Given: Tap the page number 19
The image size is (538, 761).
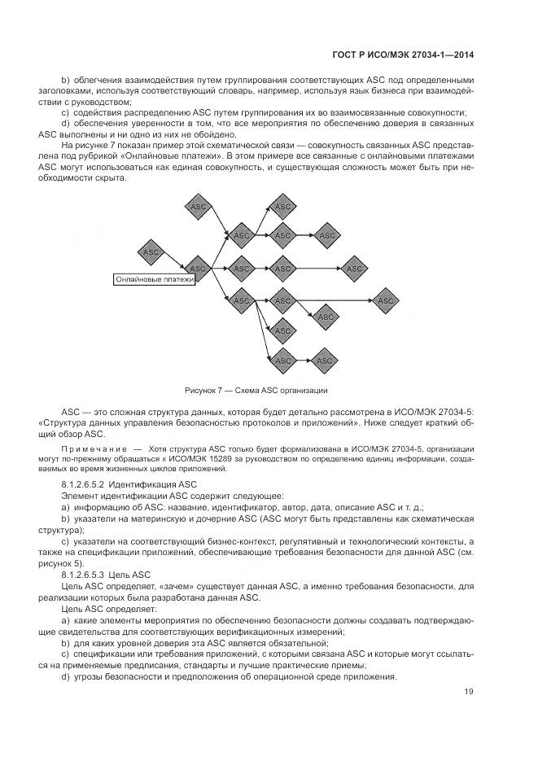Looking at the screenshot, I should (469, 692).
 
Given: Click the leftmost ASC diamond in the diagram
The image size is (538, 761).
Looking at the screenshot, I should (151, 252).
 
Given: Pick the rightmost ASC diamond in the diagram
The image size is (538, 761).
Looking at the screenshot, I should (386, 301).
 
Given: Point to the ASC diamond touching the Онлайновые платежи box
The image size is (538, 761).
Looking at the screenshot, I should (198, 268).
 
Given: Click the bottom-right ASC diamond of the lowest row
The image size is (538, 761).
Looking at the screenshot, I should (325, 360).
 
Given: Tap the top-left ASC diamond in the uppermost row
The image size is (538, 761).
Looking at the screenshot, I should (198, 208).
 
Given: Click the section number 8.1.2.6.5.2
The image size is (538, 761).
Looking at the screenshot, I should (85, 483).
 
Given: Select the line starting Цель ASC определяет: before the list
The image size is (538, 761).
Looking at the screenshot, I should (98, 609).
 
